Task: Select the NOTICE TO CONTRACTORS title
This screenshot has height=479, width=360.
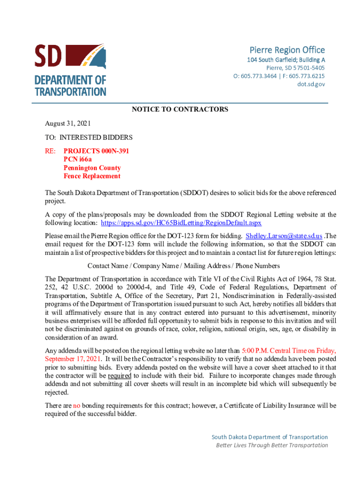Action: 180,109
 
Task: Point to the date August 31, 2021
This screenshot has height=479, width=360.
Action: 68,123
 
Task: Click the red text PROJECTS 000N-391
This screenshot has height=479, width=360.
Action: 96,151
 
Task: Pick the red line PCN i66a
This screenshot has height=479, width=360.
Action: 78,160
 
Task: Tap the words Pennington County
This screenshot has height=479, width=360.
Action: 92,168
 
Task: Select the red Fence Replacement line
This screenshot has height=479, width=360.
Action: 92,176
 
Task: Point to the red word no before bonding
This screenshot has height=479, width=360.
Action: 77,406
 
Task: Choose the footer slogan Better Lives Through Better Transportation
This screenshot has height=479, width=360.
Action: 272,445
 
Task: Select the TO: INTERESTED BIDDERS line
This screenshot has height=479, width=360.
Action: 89,138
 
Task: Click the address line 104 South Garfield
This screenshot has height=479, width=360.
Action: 287,60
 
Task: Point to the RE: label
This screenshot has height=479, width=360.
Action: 50,151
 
